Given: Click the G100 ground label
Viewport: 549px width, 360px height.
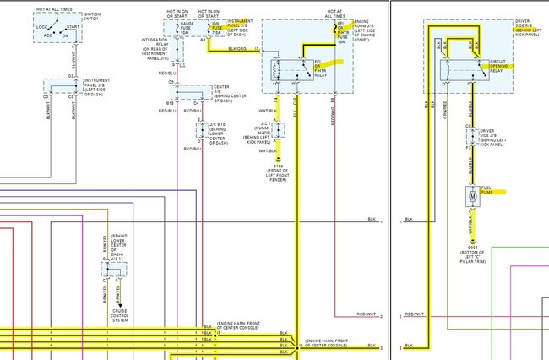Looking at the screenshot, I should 278,172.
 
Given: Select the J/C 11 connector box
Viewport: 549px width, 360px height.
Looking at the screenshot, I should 112,269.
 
